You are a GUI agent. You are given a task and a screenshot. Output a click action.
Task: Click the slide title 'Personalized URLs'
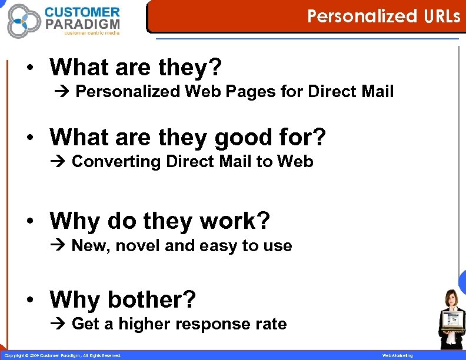[384, 16]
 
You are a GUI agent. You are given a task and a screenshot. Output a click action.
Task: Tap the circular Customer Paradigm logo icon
[24, 21]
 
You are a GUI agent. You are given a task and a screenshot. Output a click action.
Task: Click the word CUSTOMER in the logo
[82, 12]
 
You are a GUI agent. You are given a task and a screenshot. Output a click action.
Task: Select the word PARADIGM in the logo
[82, 24]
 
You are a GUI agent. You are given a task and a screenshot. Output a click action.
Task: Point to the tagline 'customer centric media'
[91, 33]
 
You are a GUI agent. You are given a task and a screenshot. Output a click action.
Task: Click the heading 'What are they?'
[136, 68]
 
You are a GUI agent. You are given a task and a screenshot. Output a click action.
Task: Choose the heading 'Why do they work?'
[160, 221]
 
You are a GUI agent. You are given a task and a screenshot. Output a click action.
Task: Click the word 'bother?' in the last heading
[151, 299]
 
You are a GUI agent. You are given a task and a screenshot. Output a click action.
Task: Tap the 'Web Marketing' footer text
[398, 356]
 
